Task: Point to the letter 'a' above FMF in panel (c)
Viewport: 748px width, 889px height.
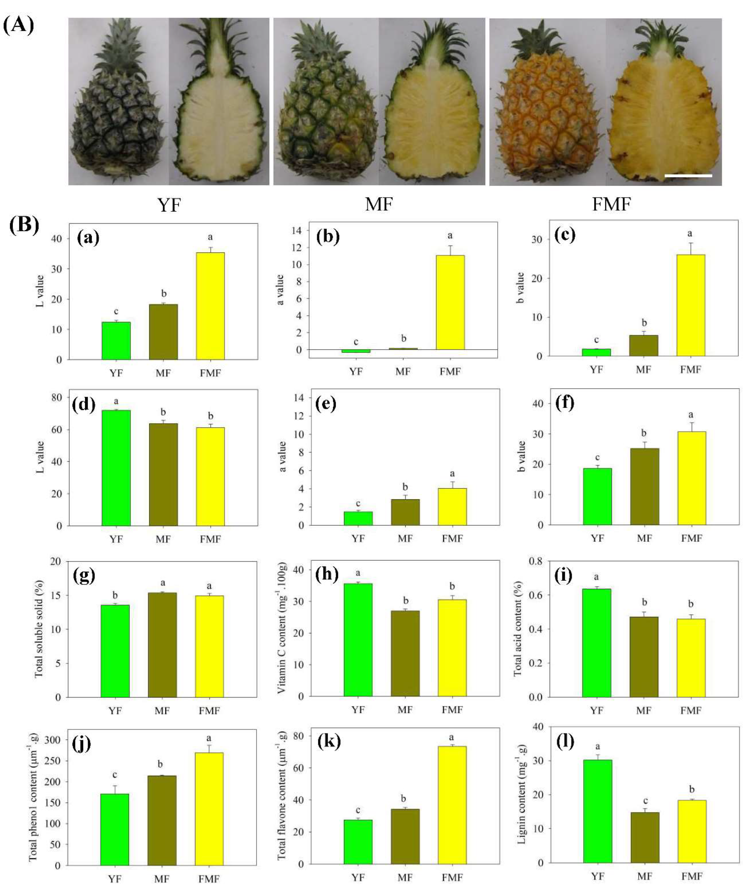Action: coord(690,233)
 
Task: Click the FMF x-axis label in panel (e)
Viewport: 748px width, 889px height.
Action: coord(452,539)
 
